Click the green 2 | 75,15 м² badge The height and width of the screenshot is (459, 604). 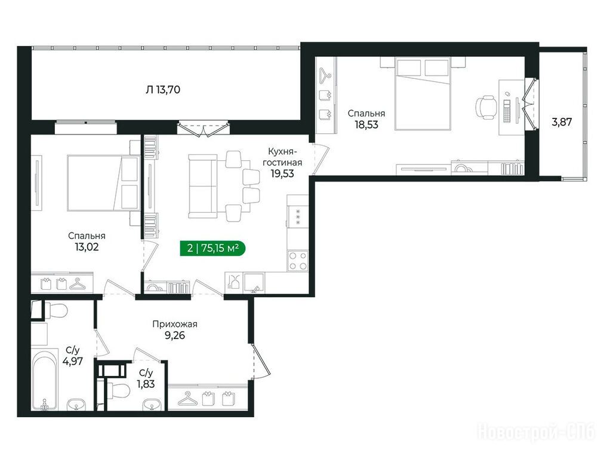click(x=212, y=248)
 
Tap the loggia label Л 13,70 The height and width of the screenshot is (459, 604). click(x=163, y=90)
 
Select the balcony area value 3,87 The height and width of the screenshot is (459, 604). click(x=562, y=123)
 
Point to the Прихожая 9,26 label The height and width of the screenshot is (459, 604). click(x=175, y=330)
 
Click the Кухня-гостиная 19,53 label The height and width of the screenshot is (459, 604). click(x=282, y=163)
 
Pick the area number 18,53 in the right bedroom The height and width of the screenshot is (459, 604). click(x=366, y=124)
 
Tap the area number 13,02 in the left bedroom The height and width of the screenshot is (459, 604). click(x=87, y=247)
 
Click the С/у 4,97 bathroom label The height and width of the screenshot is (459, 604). click(x=73, y=356)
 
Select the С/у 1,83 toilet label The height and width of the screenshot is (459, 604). click(x=146, y=378)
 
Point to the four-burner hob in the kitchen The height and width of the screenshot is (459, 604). click(x=298, y=261)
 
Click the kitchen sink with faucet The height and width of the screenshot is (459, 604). click(x=254, y=283)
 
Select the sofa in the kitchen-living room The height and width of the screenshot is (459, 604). click(x=203, y=186)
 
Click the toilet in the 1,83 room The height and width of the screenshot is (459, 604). click(x=118, y=390)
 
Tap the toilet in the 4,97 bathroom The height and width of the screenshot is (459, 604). click(x=56, y=310)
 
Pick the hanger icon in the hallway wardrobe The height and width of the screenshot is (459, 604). click(x=188, y=399)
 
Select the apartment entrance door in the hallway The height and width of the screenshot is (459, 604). click(x=260, y=361)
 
